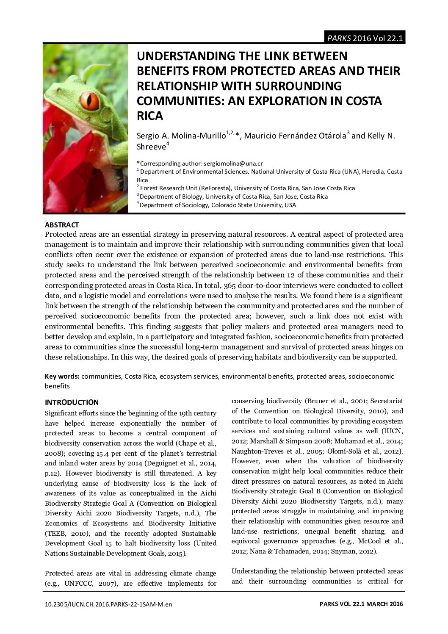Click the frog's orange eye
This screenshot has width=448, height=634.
click(x=89, y=100)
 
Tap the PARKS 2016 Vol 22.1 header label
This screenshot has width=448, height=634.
click(x=365, y=38)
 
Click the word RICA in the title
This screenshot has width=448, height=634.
click(x=149, y=116)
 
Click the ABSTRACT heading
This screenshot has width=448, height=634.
click(x=62, y=225)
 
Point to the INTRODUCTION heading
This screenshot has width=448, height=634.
click(x=72, y=402)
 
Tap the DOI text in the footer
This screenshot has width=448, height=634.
click(x=108, y=604)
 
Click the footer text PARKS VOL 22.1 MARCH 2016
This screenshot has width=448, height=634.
click(x=361, y=604)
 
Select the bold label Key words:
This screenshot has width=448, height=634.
click(x=62, y=376)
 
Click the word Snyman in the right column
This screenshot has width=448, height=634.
click(x=353, y=551)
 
